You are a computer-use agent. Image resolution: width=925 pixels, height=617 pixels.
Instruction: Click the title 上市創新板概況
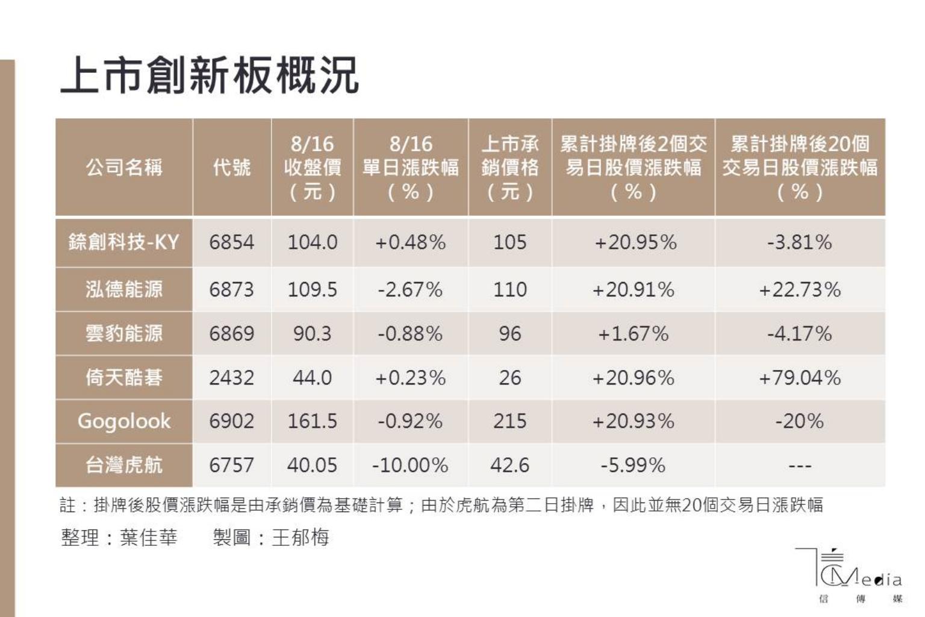pyautogui.click(x=210, y=76)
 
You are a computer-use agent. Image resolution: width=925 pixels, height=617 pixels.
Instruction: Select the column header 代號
pyautogui.click(x=232, y=168)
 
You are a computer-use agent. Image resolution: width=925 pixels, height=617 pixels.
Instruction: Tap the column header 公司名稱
pyautogui.click(x=124, y=168)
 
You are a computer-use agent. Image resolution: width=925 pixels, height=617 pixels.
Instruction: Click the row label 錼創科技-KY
pyautogui.click(x=124, y=242)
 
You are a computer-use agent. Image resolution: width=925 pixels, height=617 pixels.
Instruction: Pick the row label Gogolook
pyautogui.click(x=124, y=421)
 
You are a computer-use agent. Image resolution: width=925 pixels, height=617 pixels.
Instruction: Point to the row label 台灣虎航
pyautogui.click(x=124, y=465)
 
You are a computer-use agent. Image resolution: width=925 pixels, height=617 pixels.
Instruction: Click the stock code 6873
pyautogui.click(x=232, y=290)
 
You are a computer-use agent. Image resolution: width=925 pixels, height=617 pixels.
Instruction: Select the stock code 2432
pyautogui.click(x=232, y=378)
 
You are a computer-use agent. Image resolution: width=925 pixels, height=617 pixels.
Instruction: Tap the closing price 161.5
pyautogui.click(x=312, y=421)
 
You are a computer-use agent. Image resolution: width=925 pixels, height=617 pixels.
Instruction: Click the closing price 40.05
pyautogui.click(x=312, y=465)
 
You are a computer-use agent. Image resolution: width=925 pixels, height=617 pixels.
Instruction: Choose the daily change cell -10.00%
pyautogui.click(x=410, y=465)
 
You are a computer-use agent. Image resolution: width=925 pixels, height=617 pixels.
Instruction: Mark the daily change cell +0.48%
pyautogui.click(x=410, y=242)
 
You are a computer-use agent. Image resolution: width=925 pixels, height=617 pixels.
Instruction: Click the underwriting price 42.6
pyautogui.click(x=509, y=465)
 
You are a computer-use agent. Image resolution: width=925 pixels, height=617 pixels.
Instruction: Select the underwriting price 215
pyautogui.click(x=509, y=421)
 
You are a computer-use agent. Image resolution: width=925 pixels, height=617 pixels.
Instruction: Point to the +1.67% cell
pyautogui.click(x=633, y=334)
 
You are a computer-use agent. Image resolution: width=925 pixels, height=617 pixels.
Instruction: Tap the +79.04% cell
pyautogui.click(x=800, y=378)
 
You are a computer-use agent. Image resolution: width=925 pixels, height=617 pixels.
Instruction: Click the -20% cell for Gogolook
pyautogui.click(x=800, y=421)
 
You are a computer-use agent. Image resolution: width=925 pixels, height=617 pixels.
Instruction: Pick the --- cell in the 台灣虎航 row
pyautogui.click(x=800, y=466)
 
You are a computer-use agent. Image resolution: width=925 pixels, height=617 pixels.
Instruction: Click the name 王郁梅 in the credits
pyautogui.click(x=301, y=537)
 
